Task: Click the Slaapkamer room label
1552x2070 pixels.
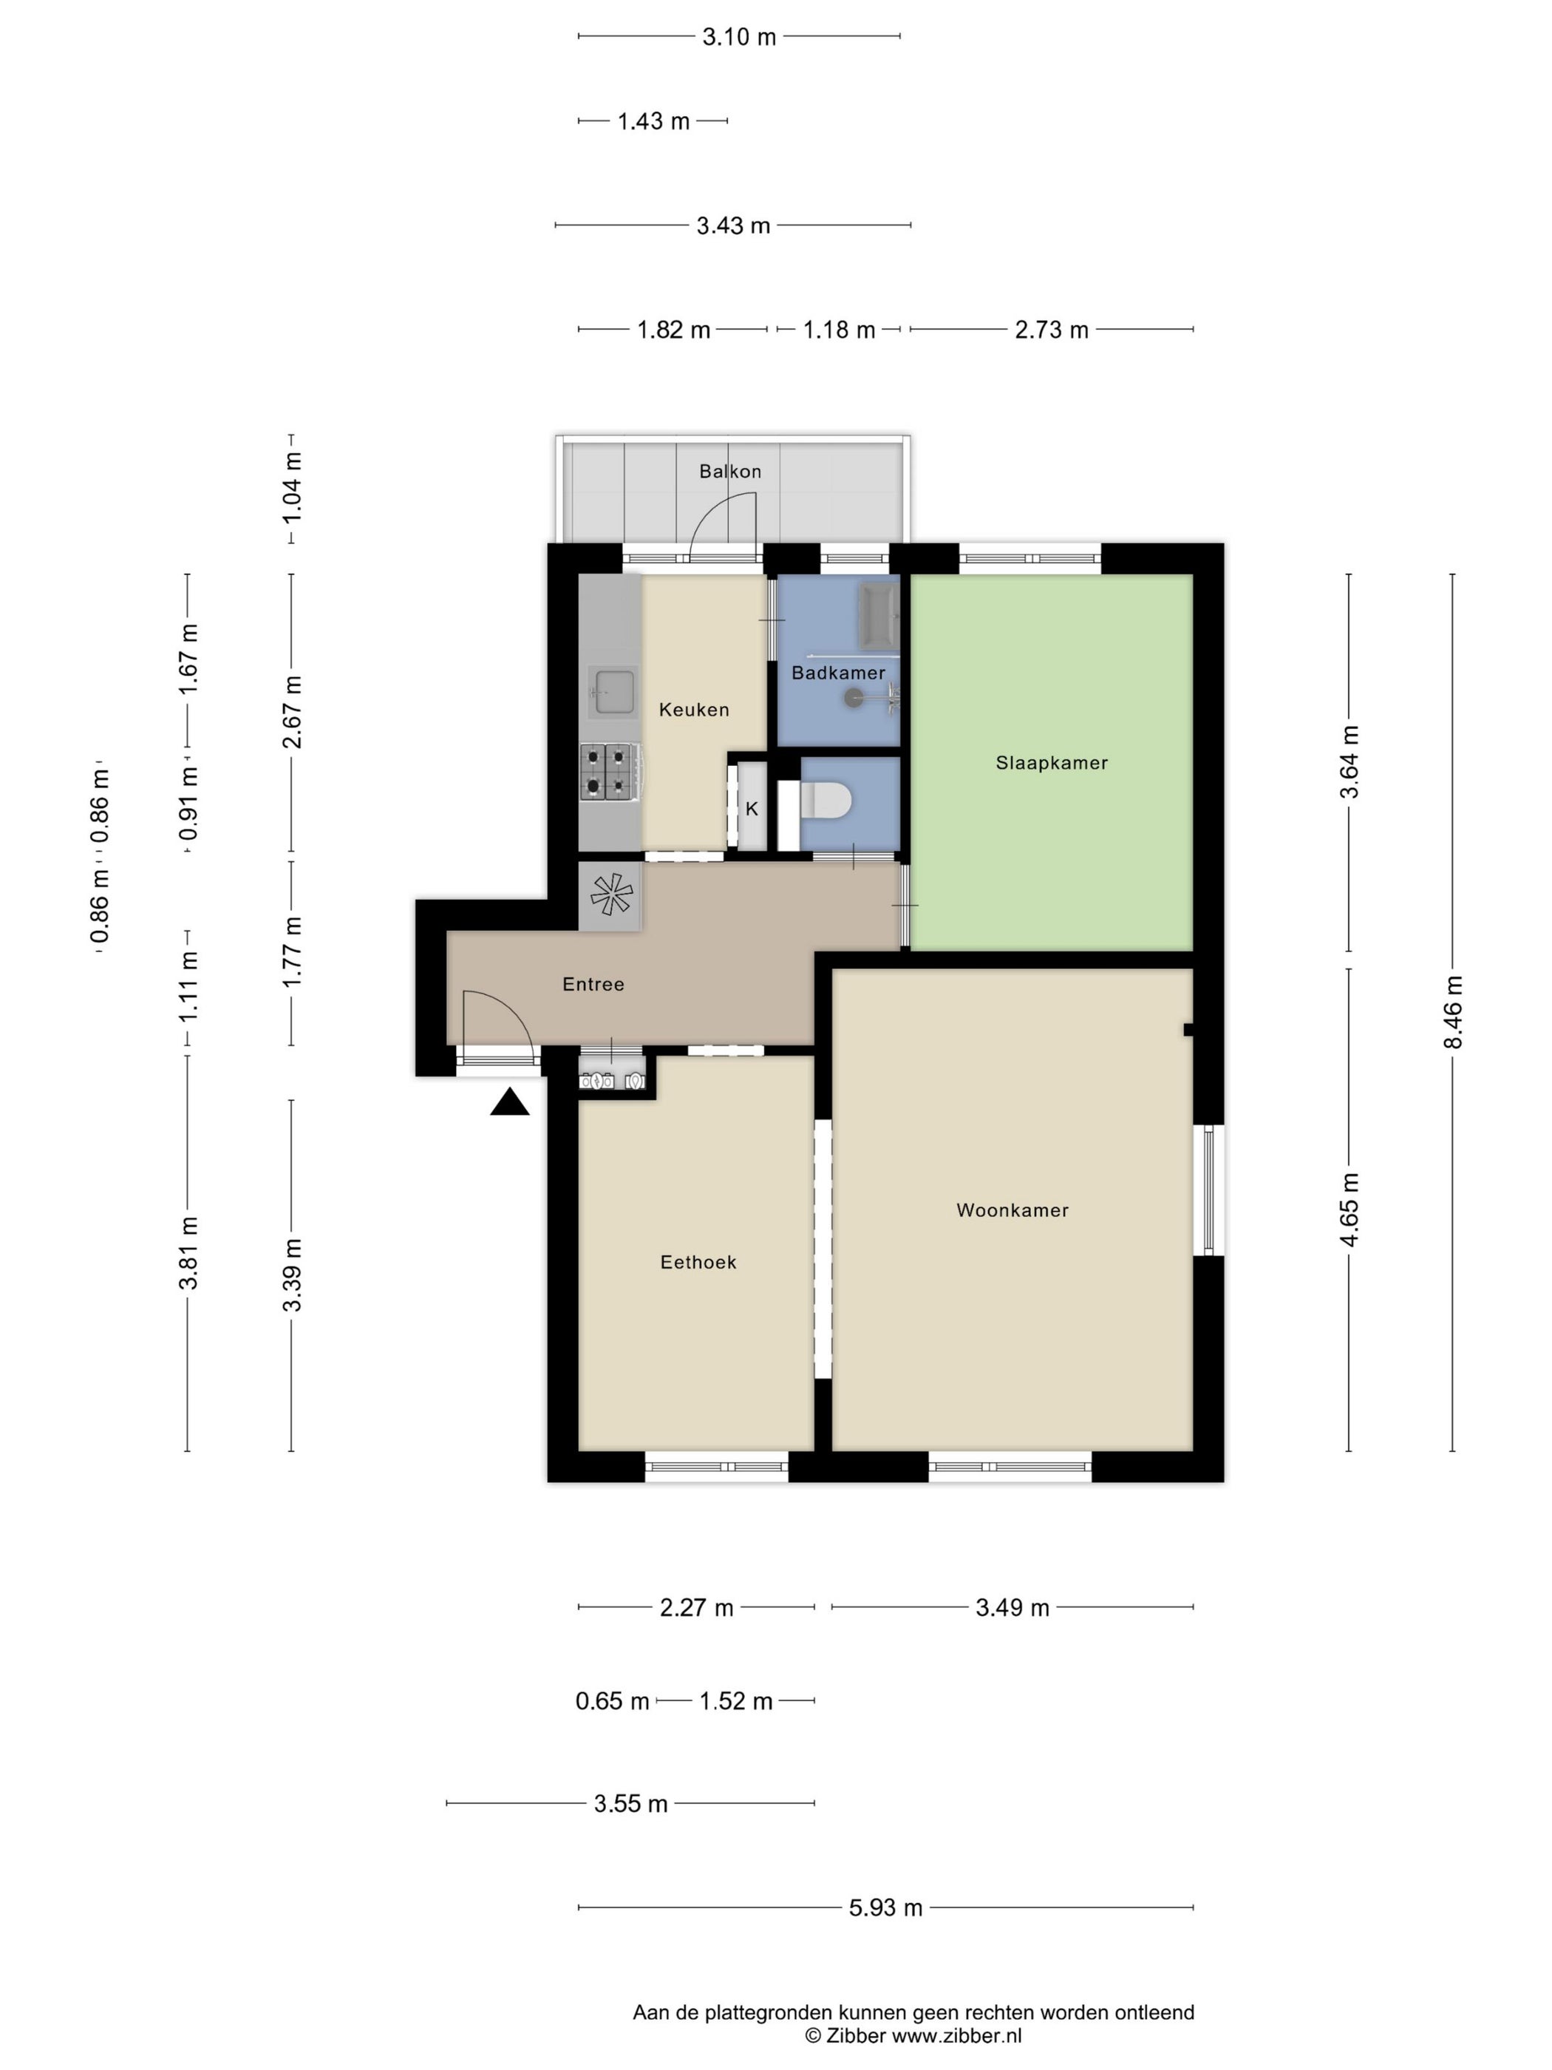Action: tap(1051, 763)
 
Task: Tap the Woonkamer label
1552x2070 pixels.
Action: tap(1012, 1210)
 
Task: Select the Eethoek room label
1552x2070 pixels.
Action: tap(698, 1263)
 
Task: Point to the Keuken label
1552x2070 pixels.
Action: tap(693, 709)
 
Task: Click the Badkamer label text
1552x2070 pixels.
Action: tap(838, 673)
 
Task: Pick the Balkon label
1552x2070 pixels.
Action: tap(729, 471)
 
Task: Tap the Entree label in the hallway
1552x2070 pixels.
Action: tap(593, 983)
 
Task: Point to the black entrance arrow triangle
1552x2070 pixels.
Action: tap(510, 1102)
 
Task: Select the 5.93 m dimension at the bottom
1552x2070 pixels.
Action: tap(885, 1907)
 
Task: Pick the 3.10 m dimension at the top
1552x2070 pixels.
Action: tap(739, 36)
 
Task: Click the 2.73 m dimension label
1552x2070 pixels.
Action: tap(1052, 330)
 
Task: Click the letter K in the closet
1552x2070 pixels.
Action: tap(751, 810)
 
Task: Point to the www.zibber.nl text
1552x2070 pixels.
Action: tap(956, 2035)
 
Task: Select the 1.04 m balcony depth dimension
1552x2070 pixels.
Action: tap(292, 487)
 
